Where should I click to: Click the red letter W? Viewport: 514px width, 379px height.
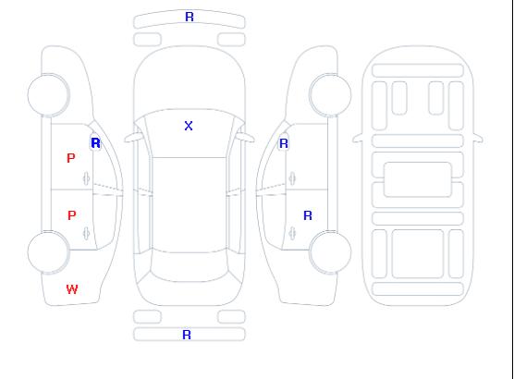coord(72,289)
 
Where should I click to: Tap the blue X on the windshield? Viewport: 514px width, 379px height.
coord(189,126)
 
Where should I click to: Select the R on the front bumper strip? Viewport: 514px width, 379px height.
coord(190,17)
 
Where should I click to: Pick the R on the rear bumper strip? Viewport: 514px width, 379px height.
coord(187,335)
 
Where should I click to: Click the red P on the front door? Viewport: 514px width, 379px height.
coord(71,158)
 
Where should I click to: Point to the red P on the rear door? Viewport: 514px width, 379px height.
coord(72,215)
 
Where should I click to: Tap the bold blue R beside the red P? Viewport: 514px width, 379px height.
coord(96,143)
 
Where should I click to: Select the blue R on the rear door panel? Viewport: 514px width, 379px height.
coord(308,215)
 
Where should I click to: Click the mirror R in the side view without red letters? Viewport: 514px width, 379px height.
coord(284,143)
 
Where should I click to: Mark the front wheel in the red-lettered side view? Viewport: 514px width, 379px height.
coord(48,95)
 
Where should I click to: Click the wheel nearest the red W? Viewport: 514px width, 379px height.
coord(48,252)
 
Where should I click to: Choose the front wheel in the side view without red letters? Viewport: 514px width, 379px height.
coord(330,95)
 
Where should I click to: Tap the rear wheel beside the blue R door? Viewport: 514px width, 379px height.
coord(330,251)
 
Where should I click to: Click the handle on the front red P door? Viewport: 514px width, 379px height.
coord(86,178)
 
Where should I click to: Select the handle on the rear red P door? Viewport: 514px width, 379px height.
coord(86,233)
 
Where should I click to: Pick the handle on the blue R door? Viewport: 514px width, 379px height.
coord(292,233)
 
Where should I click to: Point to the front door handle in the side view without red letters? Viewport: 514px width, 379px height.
coord(292,178)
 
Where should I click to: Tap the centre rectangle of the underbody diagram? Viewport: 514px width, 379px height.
coord(418,179)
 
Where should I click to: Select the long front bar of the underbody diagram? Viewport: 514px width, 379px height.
coord(418,70)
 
